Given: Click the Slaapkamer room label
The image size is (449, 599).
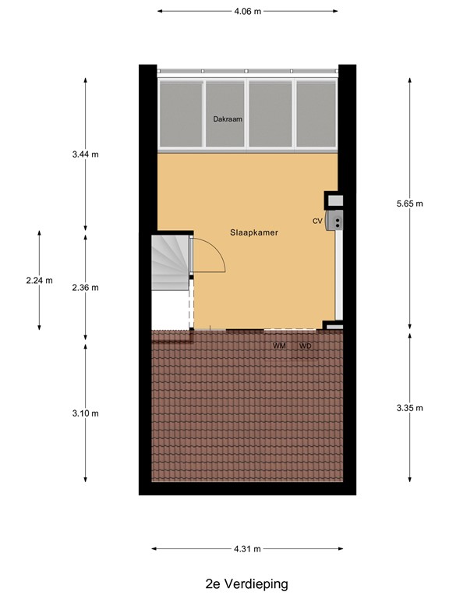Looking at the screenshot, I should coord(254,232).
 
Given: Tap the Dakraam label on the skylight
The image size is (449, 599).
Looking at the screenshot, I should coord(228,119).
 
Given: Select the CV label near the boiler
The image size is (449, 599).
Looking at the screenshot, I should coord(317,222).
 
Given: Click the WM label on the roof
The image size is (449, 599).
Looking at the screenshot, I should coord(279,346).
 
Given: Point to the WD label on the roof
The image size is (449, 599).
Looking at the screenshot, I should coord(305,346).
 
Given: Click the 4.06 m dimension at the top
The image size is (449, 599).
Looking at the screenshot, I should coord(248,12).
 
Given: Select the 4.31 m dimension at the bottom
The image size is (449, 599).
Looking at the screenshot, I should coord(248,548).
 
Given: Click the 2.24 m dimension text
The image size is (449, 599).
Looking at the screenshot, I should coord(40,281).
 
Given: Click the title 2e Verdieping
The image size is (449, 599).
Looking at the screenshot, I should coord(246,583).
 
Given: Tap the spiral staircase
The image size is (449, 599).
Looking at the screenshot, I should coord(171,262).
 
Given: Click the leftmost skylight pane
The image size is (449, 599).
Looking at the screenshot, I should coord(181,112).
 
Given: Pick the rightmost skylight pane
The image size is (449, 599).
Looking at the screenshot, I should coord(316,112).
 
